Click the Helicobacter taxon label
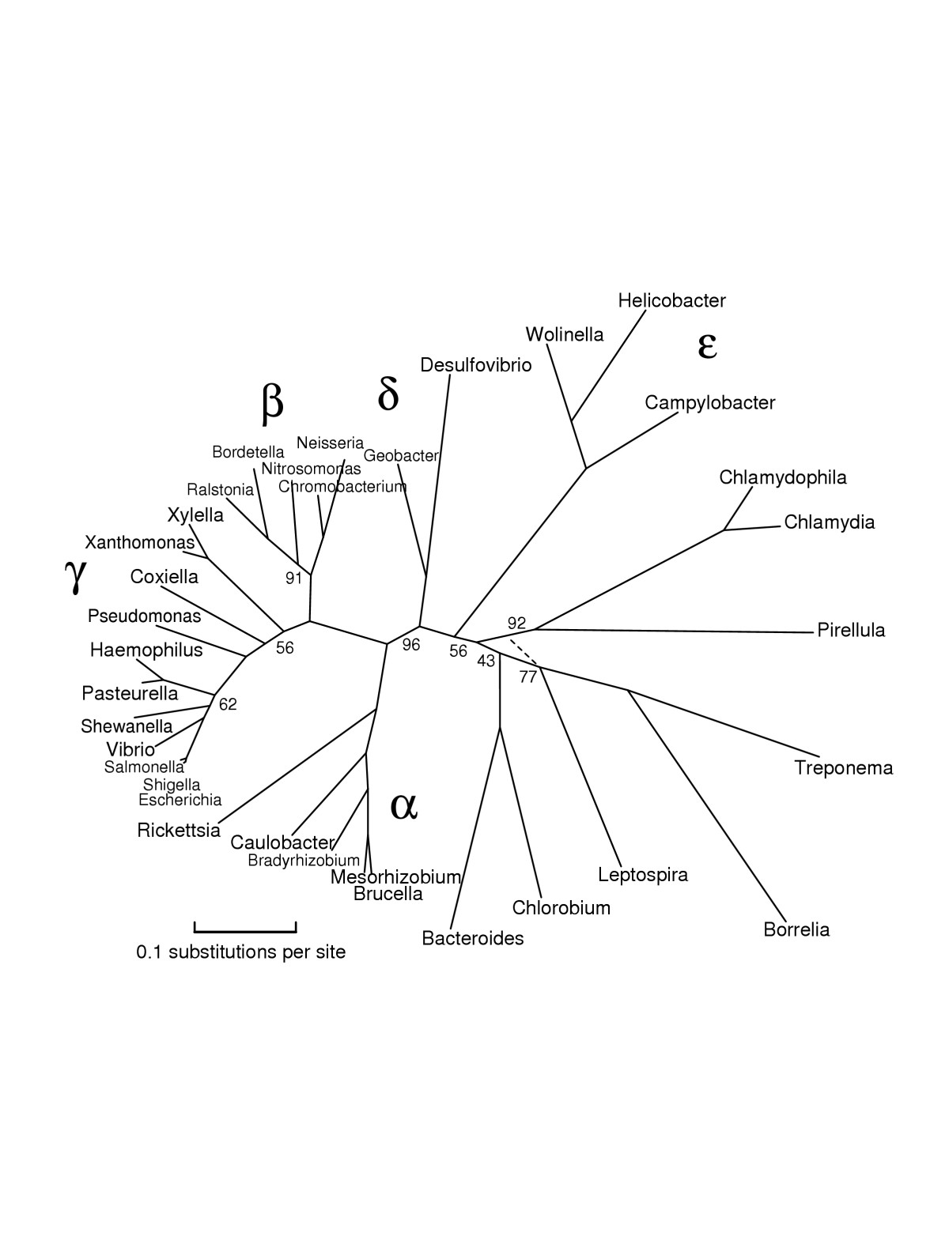pos(671,300)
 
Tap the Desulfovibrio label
pos(476,365)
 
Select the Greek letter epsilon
pos(707,345)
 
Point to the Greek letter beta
pos(272,403)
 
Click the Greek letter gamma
pos(75,575)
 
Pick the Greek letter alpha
pos(403,806)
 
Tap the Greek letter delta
pos(388,394)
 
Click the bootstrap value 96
pos(411,645)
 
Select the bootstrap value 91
pos(293,578)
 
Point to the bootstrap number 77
pos(528,677)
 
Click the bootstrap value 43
pos(486,661)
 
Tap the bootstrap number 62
pos(228,704)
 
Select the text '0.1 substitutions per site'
pos(240,952)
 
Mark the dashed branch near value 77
pos(524,654)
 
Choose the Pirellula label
pos(851,630)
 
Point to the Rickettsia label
pos(179,830)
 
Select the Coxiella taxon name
pos(164,577)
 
